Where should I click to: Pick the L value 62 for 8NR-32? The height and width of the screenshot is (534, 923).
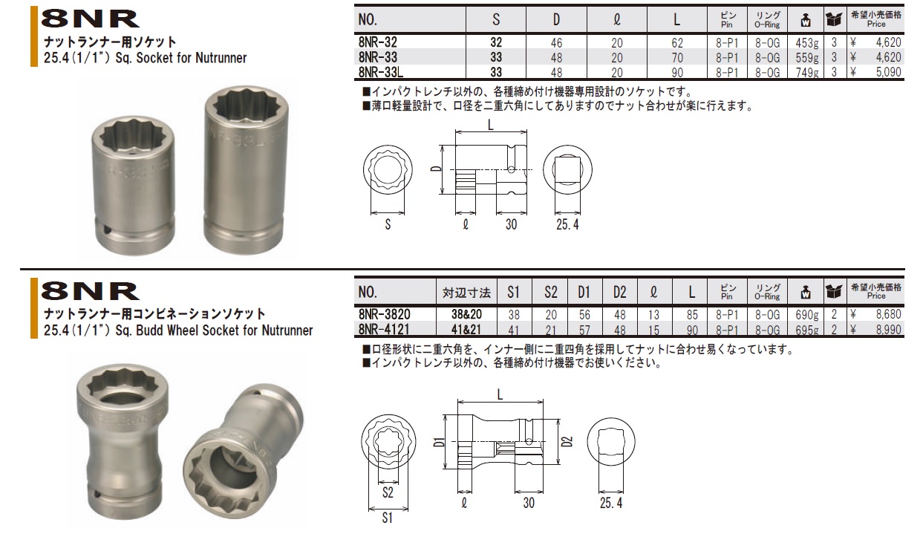676,43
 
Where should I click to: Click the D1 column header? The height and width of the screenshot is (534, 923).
584,292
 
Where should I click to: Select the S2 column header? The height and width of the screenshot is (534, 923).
549,292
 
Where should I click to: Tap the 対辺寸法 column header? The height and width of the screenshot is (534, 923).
466,292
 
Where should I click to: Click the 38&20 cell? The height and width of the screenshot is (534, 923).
466,314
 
